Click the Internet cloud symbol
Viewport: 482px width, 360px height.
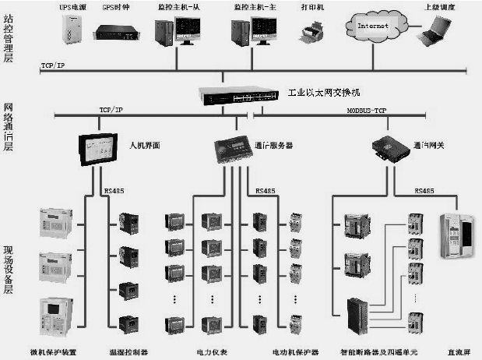click(x=371, y=25)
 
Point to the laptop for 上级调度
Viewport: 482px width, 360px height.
click(x=434, y=31)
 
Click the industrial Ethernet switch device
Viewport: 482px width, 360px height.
click(x=237, y=96)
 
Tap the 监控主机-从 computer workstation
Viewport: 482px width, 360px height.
click(x=177, y=31)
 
